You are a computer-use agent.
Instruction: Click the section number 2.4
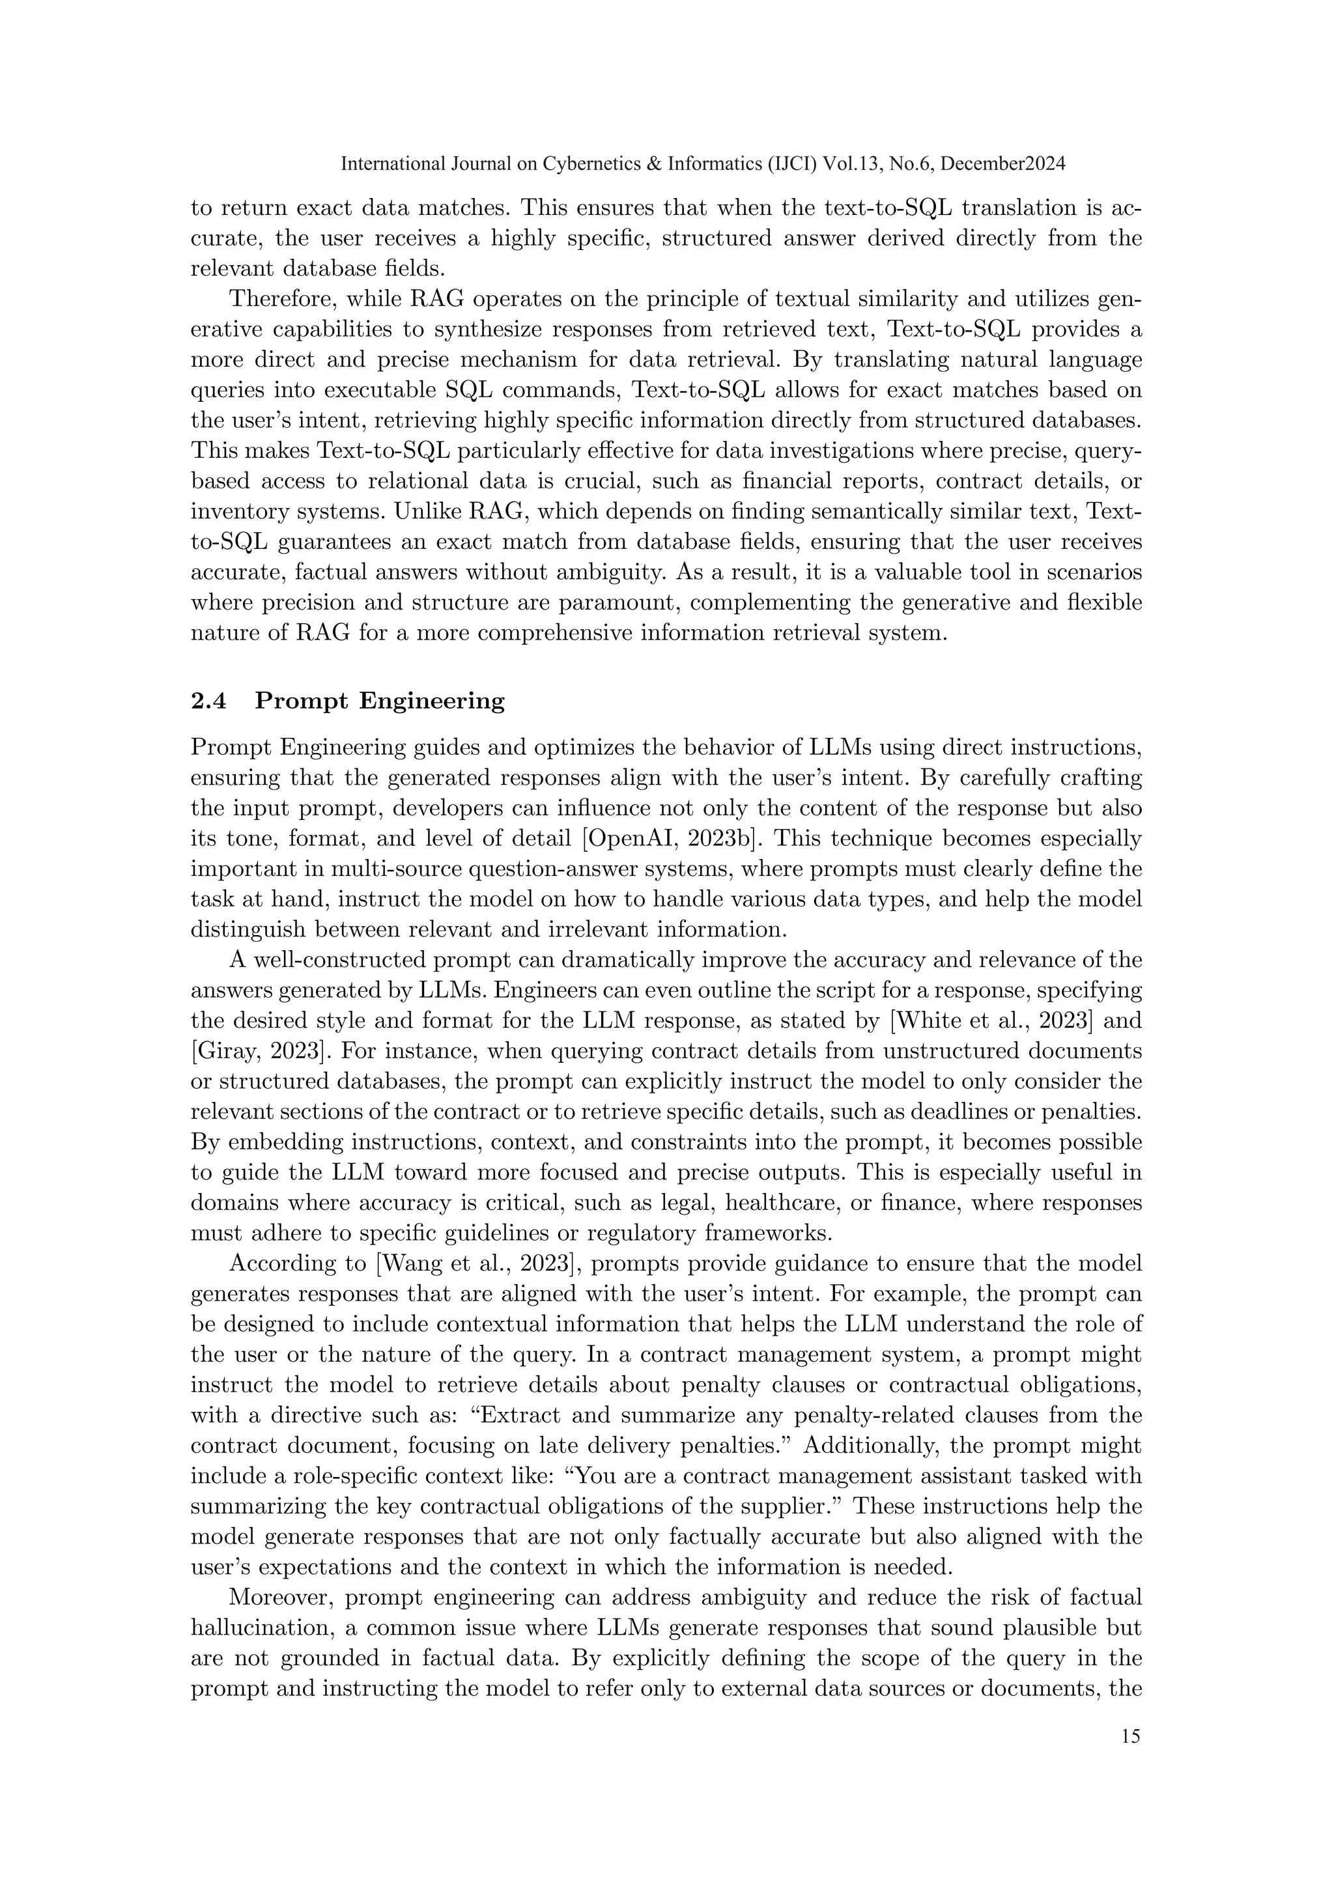[x=210, y=701]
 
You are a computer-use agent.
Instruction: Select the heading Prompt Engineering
[x=380, y=701]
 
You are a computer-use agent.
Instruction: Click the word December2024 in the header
[x=1003, y=163]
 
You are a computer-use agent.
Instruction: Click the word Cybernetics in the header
[x=591, y=163]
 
